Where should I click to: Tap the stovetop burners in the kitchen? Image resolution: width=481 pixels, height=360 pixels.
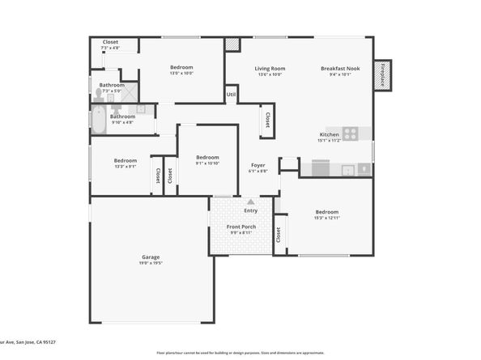(x=351, y=133)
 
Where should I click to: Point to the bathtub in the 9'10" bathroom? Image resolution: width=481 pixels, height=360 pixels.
(x=98, y=122)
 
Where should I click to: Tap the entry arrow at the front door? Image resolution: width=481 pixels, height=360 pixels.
(x=250, y=201)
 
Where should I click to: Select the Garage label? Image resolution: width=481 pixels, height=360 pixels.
(x=151, y=256)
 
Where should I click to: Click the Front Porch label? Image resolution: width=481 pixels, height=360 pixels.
(x=242, y=227)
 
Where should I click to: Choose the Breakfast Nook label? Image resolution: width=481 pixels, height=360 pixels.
(x=340, y=69)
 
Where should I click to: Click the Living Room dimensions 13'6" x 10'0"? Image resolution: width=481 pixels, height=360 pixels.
(x=270, y=75)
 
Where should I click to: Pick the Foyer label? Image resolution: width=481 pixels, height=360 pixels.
(x=258, y=165)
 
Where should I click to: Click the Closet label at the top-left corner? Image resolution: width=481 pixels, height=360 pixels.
(x=110, y=42)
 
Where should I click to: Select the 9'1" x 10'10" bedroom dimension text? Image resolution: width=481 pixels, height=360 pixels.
(x=207, y=163)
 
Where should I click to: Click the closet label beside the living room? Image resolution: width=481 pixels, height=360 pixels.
(x=266, y=121)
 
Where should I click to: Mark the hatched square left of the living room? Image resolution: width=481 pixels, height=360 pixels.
(x=232, y=44)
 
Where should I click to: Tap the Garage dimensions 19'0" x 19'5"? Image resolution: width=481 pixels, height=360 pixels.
(x=151, y=263)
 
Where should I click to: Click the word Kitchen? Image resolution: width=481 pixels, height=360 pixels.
(x=329, y=133)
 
